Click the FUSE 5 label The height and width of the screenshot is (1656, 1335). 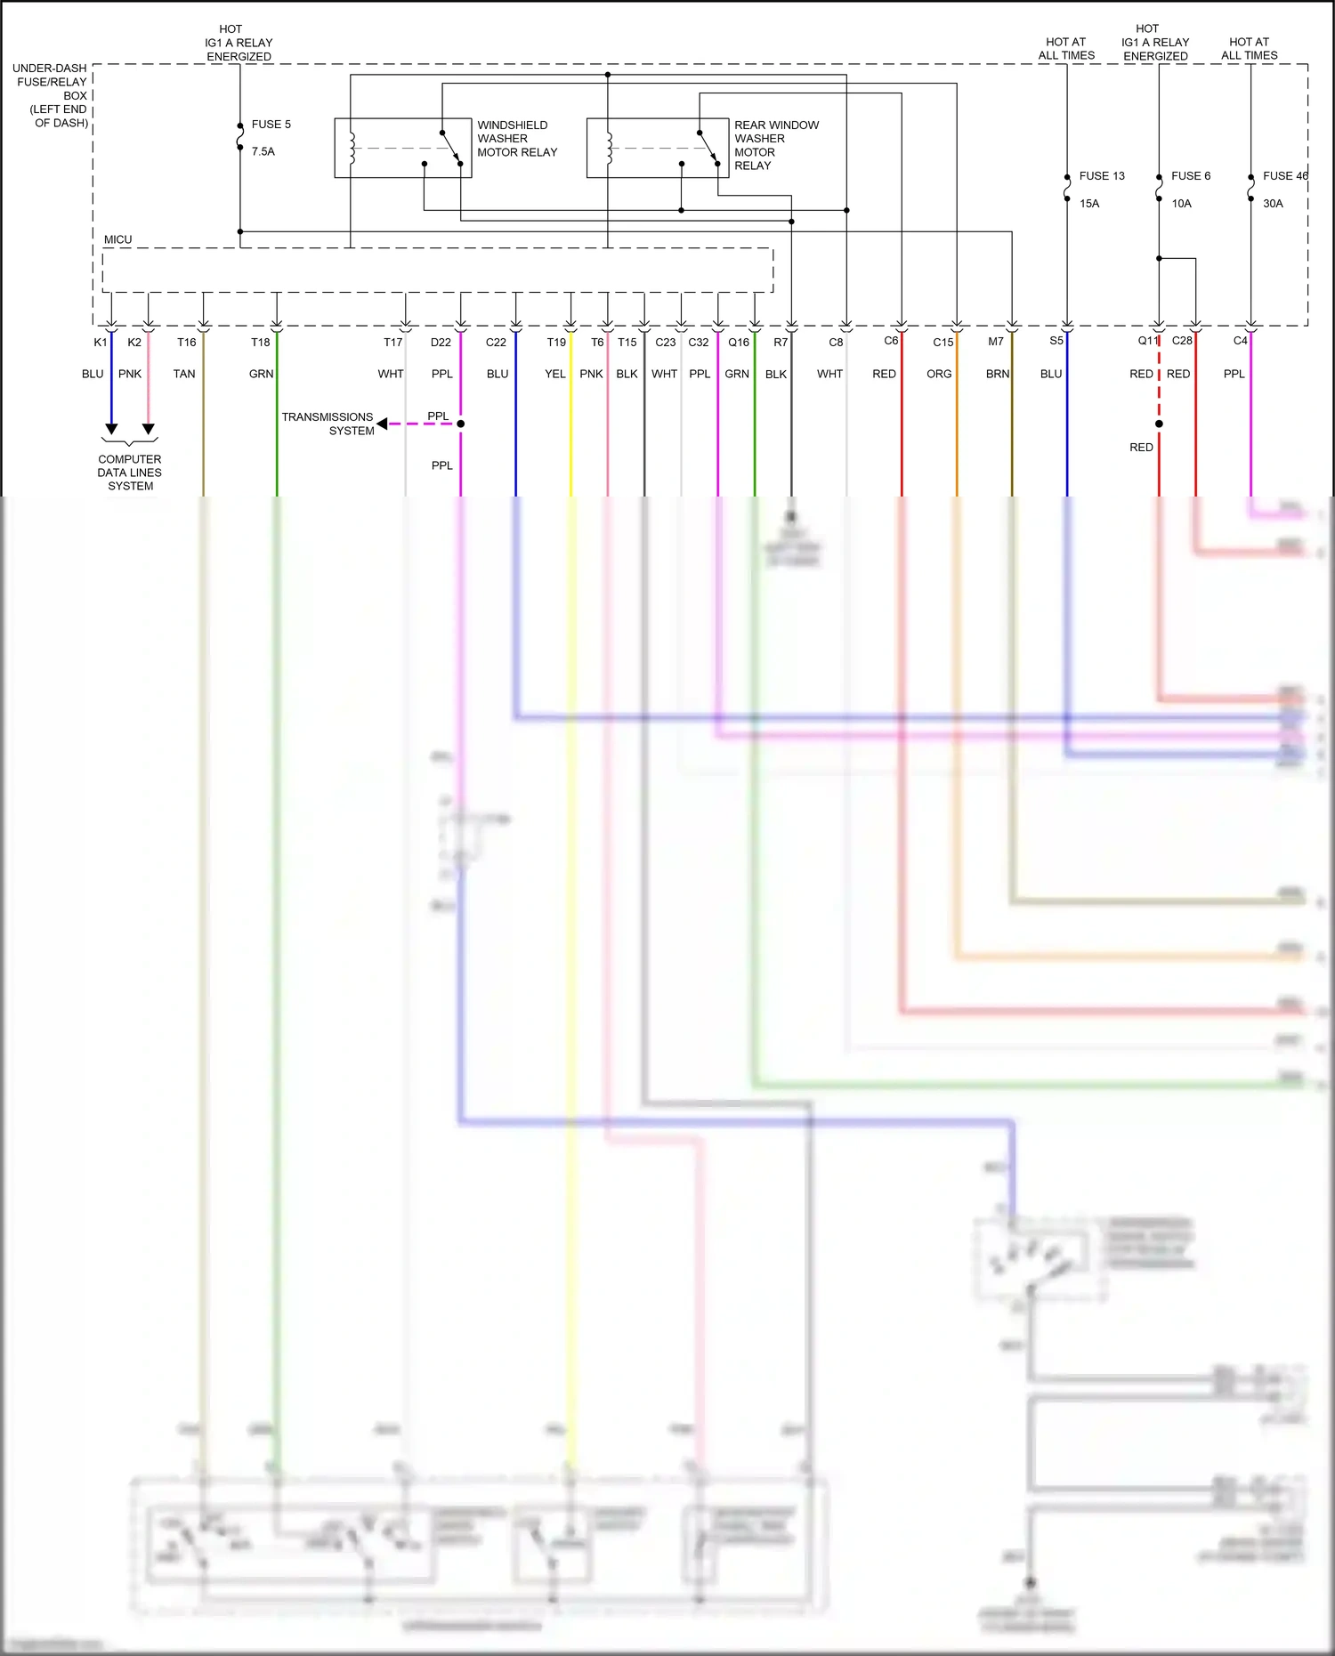coord(271,125)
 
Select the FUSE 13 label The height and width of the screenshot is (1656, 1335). coord(1102,176)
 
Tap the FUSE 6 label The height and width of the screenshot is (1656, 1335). coord(1191,176)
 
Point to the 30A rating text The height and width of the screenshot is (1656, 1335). coord(1273,204)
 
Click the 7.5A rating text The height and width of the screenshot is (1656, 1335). coord(263,152)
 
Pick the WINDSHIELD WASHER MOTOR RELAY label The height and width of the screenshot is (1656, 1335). coord(517,139)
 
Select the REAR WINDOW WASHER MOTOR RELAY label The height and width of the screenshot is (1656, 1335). coord(776,145)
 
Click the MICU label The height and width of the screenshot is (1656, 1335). coord(117,240)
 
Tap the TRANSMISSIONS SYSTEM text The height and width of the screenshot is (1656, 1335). coord(328,424)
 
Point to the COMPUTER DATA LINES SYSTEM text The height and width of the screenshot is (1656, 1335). coord(130,473)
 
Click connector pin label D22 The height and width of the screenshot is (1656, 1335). coord(441,343)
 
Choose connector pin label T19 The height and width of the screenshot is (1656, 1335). coord(556,343)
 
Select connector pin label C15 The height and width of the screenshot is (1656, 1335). coord(943,343)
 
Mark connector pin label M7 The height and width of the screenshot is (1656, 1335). coord(996,342)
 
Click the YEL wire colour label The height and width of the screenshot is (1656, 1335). coord(554,375)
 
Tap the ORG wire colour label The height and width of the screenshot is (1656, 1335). coord(939,375)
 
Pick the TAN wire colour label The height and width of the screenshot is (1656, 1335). coord(184,375)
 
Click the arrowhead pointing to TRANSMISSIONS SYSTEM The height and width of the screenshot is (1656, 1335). coord(382,424)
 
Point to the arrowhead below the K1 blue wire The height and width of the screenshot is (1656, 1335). coord(111,429)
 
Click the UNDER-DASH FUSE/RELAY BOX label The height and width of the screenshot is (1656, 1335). coord(51,95)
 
